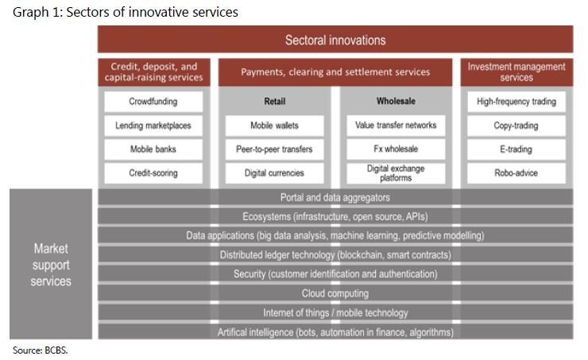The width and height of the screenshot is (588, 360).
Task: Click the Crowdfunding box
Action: [x=153, y=102]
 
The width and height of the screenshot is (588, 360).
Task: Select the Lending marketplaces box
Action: [x=153, y=126]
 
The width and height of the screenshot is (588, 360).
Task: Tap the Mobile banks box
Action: [x=153, y=149]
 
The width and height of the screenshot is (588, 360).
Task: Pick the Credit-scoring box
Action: [x=153, y=173]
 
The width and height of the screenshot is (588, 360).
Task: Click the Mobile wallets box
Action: [x=274, y=126]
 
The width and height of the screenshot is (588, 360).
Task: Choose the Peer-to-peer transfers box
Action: [x=274, y=149]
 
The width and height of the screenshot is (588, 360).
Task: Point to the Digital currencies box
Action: [x=274, y=173]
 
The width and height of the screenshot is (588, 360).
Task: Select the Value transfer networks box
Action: [x=396, y=126]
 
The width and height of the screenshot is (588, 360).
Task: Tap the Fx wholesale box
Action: [x=396, y=149]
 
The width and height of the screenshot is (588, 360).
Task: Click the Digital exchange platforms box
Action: [x=396, y=173]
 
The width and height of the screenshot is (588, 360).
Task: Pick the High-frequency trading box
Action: [x=516, y=102]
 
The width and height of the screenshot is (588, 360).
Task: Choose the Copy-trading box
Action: [x=516, y=126]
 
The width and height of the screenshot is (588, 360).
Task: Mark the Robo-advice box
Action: [x=516, y=173]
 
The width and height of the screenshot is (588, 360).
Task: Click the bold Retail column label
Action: [x=275, y=101]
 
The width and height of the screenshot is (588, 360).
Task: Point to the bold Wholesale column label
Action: [x=396, y=101]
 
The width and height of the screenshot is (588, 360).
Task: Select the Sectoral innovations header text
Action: [x=335, y=40]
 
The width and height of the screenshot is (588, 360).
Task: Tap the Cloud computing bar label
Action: [x=335, y=293]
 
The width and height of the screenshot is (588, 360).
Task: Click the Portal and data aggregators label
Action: [x=335, y=198]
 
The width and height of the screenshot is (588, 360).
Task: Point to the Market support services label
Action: [x=51, y=265]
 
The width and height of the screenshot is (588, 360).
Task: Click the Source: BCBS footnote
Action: [x=40, y=350]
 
